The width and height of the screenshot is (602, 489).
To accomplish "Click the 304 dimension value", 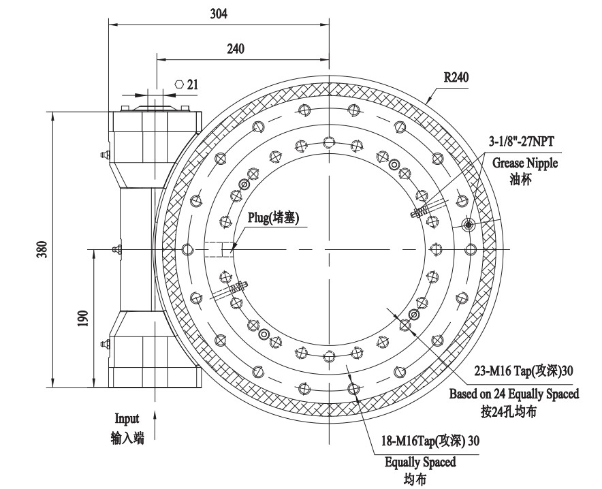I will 217,13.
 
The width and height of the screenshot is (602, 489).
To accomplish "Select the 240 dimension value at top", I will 236,48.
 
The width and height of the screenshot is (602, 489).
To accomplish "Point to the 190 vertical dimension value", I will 82,319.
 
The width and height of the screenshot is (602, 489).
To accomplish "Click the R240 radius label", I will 456,77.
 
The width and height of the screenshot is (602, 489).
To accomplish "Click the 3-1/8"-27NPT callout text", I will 522,142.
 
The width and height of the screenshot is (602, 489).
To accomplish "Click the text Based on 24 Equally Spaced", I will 514,394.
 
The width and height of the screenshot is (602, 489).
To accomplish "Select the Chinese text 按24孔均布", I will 514,411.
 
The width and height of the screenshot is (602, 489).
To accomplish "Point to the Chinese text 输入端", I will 127,438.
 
